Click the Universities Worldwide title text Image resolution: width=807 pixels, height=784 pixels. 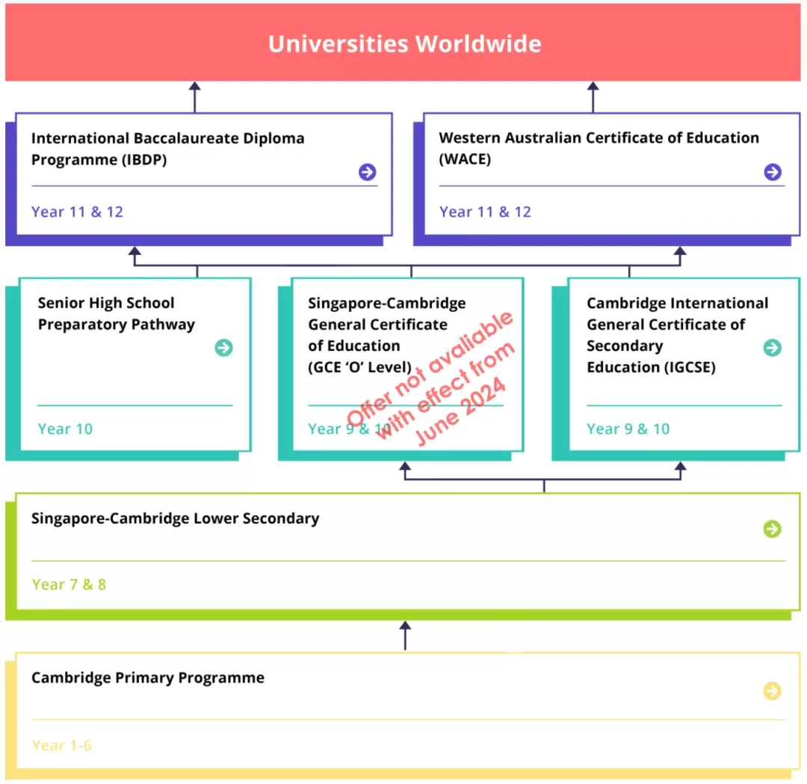pos(404,44)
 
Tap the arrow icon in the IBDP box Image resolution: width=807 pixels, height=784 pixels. pos(367,172)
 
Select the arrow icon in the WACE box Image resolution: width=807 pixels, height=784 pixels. pos(773,172)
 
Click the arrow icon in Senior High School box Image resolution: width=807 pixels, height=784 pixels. pos(223,348)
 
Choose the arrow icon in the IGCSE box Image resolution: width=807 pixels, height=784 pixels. pos(772,348)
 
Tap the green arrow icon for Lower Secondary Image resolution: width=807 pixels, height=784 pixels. pos(772,528)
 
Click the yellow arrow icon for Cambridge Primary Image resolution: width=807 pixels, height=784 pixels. pos(772,690)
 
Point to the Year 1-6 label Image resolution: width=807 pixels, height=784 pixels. pos(62,745)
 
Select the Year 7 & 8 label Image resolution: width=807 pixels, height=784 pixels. pos(69,585)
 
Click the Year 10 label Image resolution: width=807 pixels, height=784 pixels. pos(65,429)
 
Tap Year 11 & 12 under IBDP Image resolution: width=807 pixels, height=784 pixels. pos(77,212)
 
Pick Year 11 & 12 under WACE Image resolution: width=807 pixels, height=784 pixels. pos(485,212)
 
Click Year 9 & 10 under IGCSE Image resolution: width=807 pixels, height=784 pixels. pos(628,429)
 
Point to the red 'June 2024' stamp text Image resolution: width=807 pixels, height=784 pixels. pos(460,411)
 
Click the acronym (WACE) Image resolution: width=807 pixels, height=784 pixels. pos(465,159)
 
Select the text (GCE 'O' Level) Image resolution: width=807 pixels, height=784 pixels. pos(359,367)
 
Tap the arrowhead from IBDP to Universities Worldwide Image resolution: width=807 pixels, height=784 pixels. pos(194,87)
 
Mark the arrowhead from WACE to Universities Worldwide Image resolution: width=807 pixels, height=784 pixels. pos(593,87)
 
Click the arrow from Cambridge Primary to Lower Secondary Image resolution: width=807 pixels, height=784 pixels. pos(405,636)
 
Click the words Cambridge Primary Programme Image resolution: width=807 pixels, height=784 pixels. pos(148,678)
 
